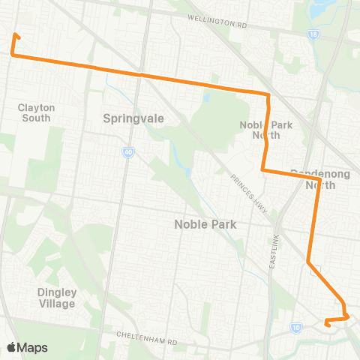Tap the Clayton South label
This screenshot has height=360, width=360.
(x=34, y=112)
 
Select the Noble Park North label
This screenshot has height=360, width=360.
(x=260, y=130)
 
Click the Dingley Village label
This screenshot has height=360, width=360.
(x=56, y=298)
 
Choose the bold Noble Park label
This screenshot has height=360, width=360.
(x=205, y=223)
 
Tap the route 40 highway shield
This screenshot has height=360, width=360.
(x=128, y=152)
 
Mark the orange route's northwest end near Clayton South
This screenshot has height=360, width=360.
(x=16, y=35)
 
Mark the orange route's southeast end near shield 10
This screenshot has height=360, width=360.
(x=326, y=324)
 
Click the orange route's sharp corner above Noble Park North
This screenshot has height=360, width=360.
(x=268, y=94)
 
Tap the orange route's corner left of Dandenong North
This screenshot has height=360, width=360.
(x=262, y=170)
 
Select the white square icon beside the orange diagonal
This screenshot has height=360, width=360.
(x=319, y=270)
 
